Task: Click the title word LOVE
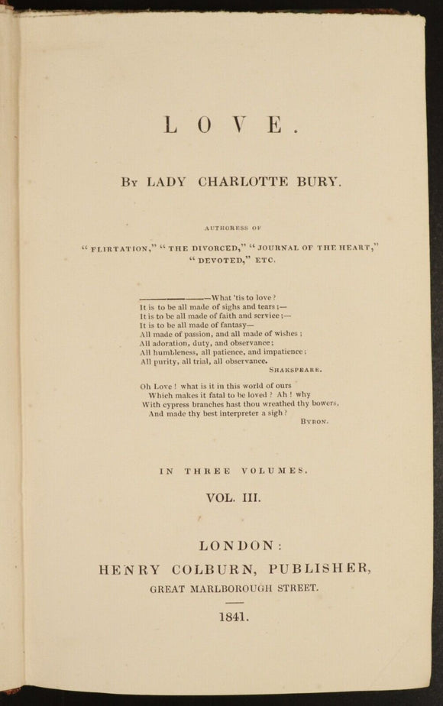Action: coord(231,124)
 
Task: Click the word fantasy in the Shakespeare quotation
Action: coord(225,325)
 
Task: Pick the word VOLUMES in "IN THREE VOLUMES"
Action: coord(276,471)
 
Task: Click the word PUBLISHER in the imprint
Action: coord(315,569)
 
